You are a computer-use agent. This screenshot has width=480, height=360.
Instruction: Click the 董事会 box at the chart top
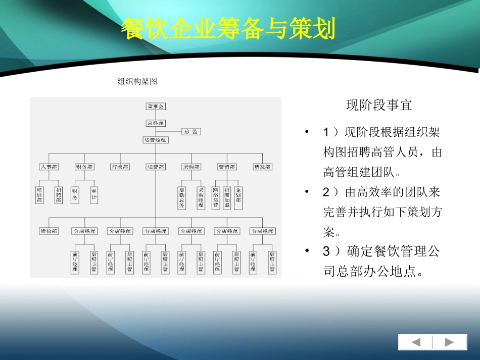pyautogui.click(x=155, y=107)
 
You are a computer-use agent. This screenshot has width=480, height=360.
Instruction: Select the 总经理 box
pyautogui.click(x=155, y=123)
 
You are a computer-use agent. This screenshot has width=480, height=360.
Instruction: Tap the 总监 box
pyautogui.click(x=190, y=132)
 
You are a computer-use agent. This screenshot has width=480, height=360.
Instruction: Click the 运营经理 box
pyautogui.click(x=155, y=140)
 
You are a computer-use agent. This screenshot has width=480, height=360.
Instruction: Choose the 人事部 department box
pyautogui.click(x=49, y=167)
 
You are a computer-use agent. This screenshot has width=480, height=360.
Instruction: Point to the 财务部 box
pyautogui.click(x=84, y=167)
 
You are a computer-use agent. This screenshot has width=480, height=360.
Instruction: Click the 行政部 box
pyautogui.click(x=119, y=167)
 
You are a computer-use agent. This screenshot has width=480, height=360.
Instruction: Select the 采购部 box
pyautogui.click(x=191, y=167)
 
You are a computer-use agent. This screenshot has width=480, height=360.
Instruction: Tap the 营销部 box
pyautogui.click(x=226, y=167)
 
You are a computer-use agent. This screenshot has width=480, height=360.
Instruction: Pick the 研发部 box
pyautogui.click(x=262, y=167)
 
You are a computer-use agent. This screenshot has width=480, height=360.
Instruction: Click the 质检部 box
pyautogui.click(x=49, y=231)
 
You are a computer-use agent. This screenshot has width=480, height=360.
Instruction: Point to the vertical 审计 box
pyautogui.click(x=93, y=192)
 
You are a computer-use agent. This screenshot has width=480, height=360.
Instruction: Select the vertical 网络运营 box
pyautogui.click(x=216, y=194)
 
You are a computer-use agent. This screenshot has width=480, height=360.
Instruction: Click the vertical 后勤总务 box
pyautogui.click(x=182, y=194)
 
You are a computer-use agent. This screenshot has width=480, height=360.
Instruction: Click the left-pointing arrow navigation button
pyautogui.click(x=415, y=342)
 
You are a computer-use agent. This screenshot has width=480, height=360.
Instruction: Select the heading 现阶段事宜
pyautogui.click(x=379, y=105)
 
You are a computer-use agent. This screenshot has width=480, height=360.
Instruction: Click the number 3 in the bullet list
pyautogui.click(x=326, y=251)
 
